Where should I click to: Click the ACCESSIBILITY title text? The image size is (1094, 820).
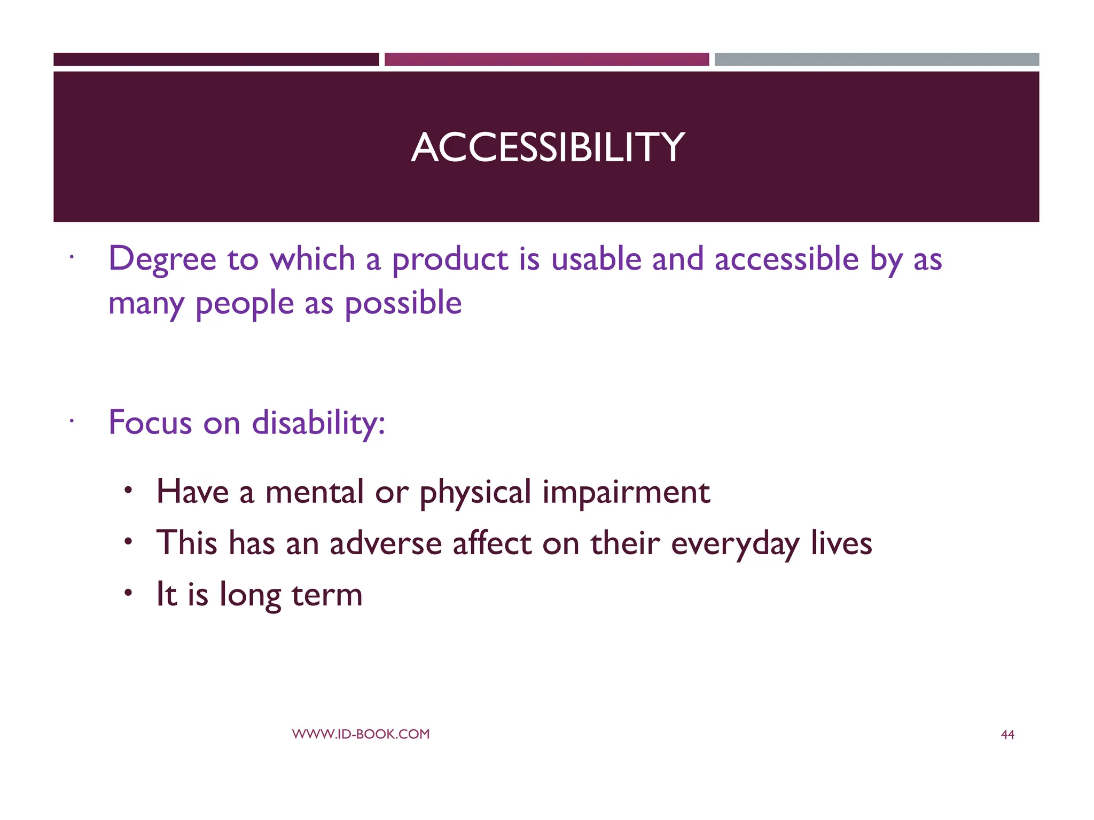coord(547,147)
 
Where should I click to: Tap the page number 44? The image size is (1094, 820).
coord(1007,735)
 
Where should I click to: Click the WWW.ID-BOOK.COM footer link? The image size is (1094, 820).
coord(361,734)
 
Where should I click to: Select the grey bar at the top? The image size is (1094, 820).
coord(877,59)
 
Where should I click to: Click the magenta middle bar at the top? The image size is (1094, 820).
coord(546,59)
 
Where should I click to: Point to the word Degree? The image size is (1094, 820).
coord(162,260)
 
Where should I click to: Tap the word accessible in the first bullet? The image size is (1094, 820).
coord(786,259)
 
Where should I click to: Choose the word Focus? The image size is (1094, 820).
coord(150,423)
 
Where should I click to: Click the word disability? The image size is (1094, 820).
coord(318,423)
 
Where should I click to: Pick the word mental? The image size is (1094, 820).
coord(314,492)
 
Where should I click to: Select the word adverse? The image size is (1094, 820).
coord(386,543)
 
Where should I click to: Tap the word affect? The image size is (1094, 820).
coord(492,543)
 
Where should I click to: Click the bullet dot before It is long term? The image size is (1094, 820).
coord(128,593)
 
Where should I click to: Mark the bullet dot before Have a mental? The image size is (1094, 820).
coord(128,490)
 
